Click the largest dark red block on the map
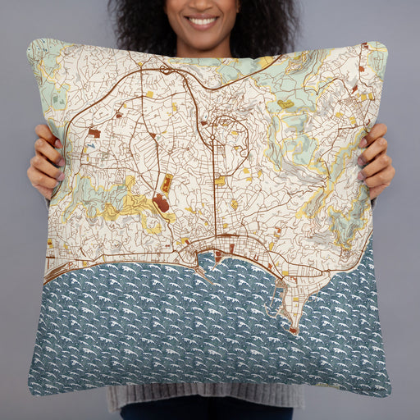161,202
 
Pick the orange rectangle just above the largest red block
167,183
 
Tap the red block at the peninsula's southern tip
293,331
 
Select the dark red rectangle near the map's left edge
94,132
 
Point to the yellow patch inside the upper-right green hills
285,104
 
